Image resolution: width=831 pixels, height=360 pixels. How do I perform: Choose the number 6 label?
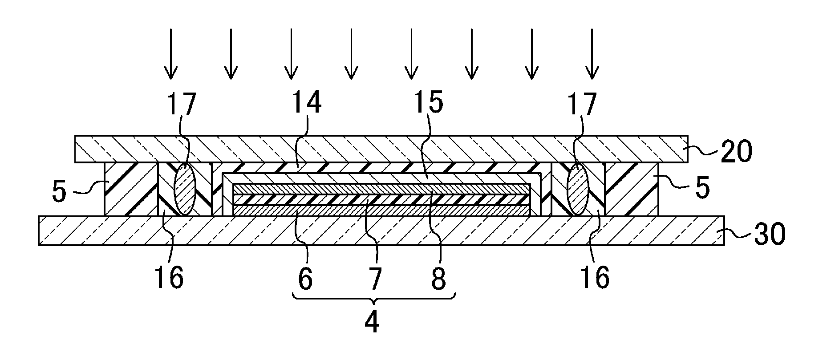click(x=305, y=279)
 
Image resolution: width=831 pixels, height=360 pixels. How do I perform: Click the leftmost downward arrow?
click(x=170, y=53)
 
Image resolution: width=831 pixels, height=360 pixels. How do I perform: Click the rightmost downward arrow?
click(x=592, y=53)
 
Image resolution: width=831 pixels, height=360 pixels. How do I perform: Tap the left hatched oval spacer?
click(x=185, y=189)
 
